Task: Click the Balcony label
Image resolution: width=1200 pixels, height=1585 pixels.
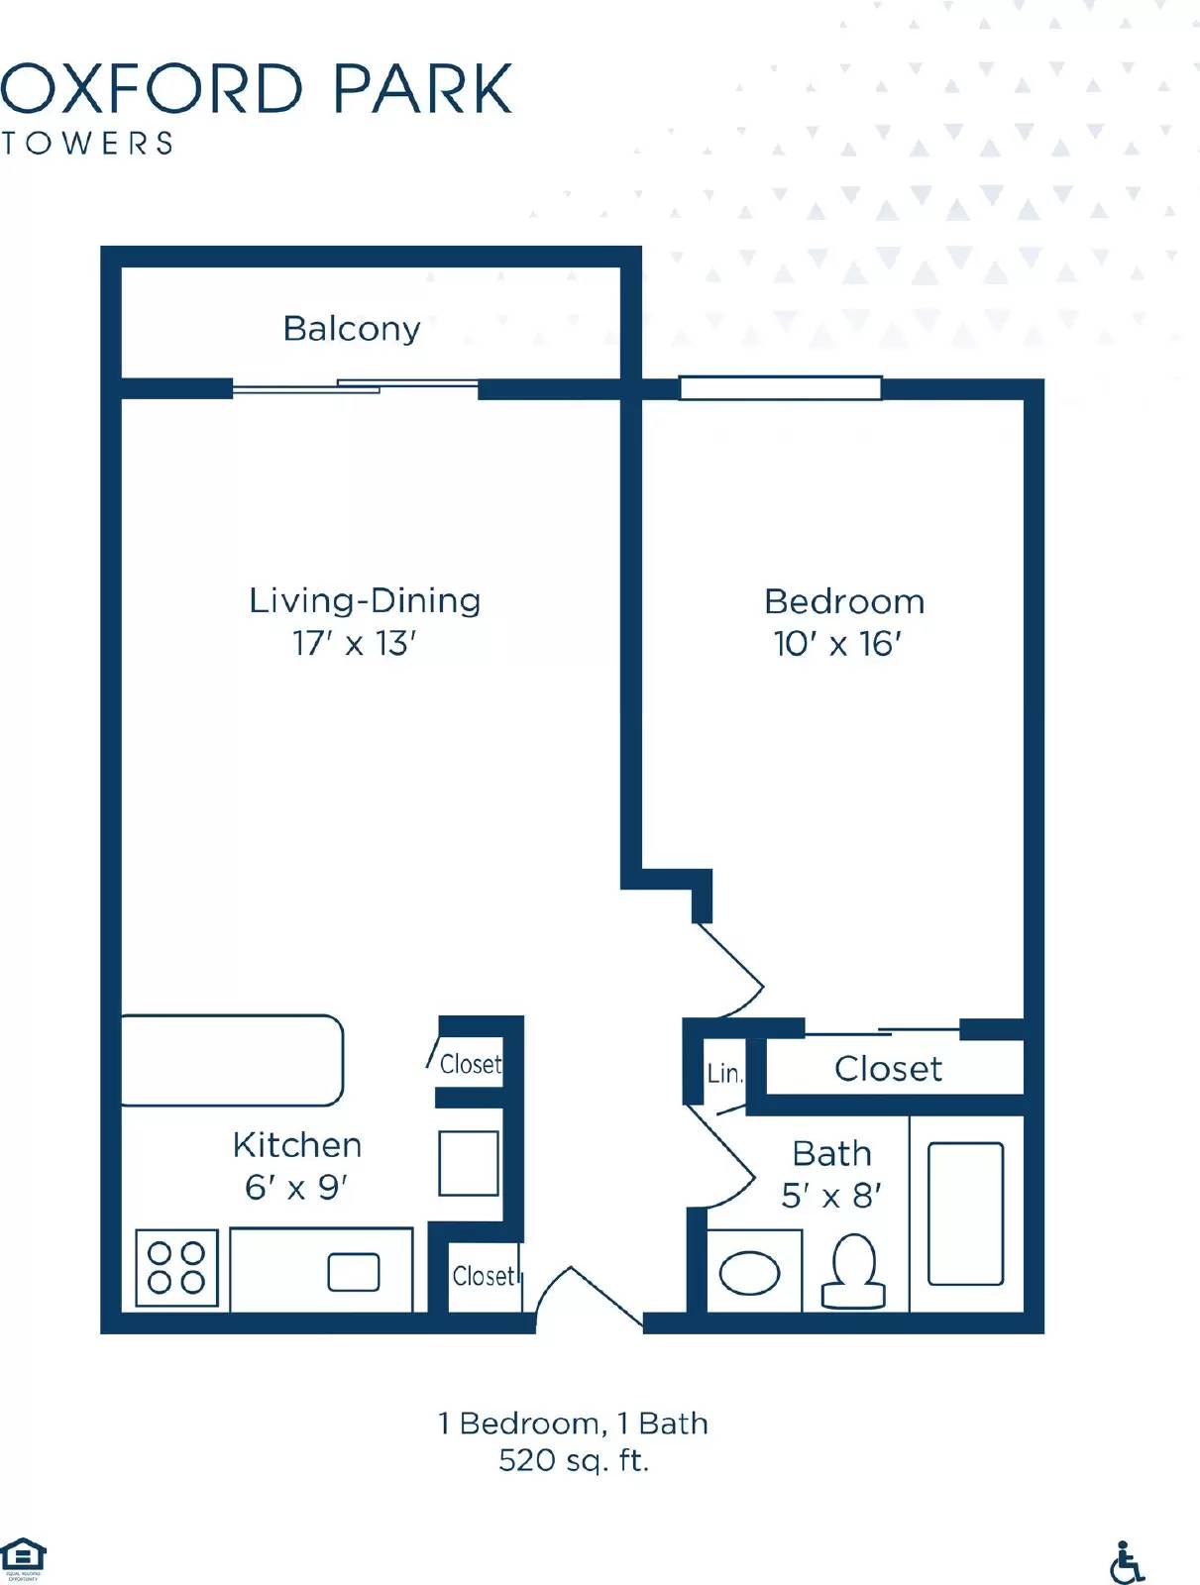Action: (x=352, y=328)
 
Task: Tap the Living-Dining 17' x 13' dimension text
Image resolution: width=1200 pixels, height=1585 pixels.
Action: (x=354, y=644)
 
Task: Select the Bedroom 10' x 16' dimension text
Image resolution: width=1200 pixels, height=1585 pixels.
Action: (x=837, y=644)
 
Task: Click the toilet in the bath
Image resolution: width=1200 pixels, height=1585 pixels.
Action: (x=853, y=1273)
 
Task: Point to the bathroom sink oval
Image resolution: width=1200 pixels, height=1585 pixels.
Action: (x=749, y=1273)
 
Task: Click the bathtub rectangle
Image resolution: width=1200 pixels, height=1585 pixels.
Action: (x=965, y=1214)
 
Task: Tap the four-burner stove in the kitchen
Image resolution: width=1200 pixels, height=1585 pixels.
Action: (x=176, y=1268)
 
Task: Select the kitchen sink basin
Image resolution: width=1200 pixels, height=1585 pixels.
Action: (x=354, y=1273)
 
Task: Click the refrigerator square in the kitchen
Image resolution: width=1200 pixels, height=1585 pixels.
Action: (x=469, y=1163)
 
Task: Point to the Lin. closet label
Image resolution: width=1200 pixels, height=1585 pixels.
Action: (x=724, y=1074)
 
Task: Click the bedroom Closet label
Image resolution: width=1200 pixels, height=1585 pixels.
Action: (x=888, y=1069)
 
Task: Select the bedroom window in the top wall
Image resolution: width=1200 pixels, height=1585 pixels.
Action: (x=780, y=387)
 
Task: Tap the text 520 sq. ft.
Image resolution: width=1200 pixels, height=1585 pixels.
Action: (x=573, y=1460)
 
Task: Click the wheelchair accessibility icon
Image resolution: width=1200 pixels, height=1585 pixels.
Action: (x=1127, y=1563)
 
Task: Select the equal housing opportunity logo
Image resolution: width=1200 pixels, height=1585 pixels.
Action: (x=22, y=1558)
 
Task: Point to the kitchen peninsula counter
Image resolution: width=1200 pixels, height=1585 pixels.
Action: (x=230, y=1060)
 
